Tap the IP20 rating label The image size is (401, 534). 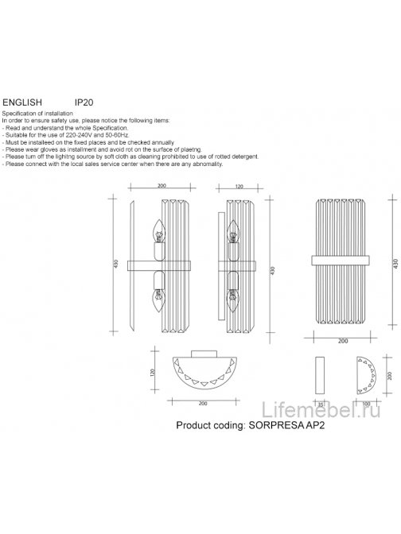pyautogui.click(x=84, y=103)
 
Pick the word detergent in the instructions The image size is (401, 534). pyautogui.click(x=204, y=156)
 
